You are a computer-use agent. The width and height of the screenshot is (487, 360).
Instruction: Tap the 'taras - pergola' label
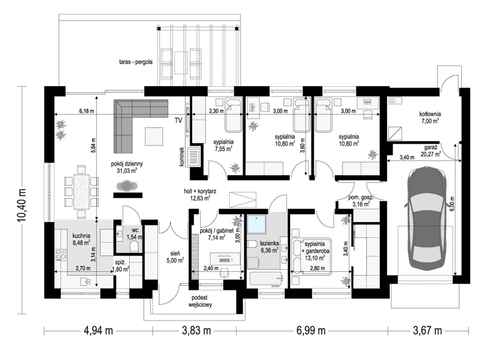136,62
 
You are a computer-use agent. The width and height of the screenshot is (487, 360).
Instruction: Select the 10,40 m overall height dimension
22,206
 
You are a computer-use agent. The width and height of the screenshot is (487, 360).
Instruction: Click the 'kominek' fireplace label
182,156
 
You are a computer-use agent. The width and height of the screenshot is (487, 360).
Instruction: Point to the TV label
178,121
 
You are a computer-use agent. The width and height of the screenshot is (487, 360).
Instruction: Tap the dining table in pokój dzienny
81,192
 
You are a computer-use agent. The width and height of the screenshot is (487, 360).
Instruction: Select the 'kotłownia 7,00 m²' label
430,117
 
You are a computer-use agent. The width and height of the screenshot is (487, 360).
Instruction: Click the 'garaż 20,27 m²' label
431,150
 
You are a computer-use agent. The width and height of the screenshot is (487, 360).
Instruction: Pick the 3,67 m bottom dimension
427,330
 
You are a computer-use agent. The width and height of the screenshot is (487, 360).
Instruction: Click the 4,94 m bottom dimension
98,330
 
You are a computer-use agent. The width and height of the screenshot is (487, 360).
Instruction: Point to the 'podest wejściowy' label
199,301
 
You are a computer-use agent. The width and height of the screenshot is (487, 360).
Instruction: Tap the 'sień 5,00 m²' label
176,257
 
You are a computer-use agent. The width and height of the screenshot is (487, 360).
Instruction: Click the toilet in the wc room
135,247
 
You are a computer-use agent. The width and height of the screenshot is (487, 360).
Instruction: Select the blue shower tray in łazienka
256,224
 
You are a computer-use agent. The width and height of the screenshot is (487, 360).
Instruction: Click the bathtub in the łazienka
266,279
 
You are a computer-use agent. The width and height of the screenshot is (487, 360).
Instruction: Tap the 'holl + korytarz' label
199,192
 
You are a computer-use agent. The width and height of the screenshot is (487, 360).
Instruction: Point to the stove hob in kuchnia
61,255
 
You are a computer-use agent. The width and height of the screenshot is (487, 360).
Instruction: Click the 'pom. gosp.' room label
360,198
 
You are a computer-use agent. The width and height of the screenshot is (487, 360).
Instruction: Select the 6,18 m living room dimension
87,111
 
